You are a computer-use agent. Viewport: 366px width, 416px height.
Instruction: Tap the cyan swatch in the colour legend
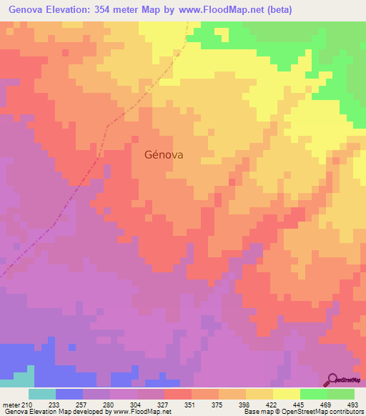42,394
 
